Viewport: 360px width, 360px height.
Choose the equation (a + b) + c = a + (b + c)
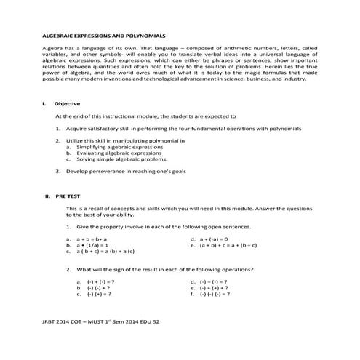(228, 245)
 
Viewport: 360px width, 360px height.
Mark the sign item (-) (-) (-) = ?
(216, 295)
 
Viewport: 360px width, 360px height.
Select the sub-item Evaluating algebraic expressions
(119, 153)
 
